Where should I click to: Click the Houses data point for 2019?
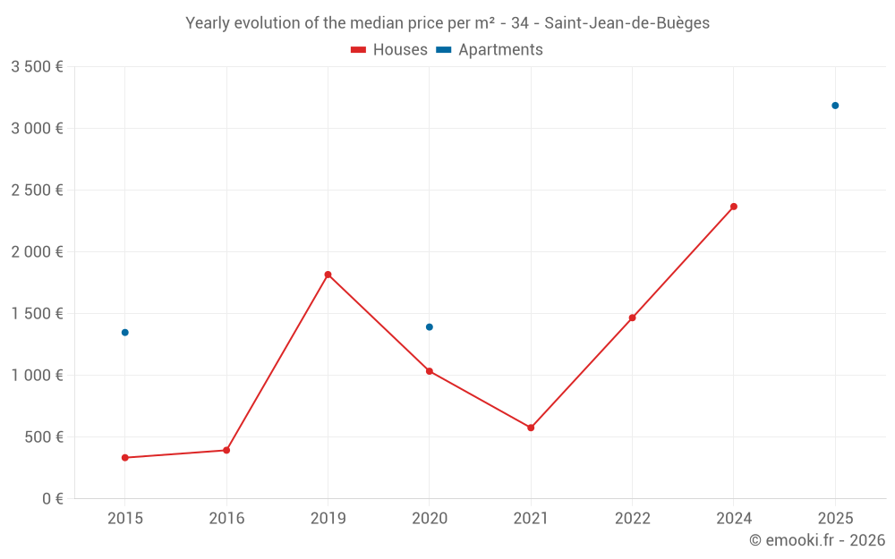pyautogui.click(x=328, y=275)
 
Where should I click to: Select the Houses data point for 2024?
pyautogui.click(x=734, y=207)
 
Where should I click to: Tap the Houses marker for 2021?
pyautogui.click(x=531, y=428)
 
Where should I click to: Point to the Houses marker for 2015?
pyautogui.click(x=125, y=458)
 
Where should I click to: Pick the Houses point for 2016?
pyautogui.click(x=226, y=450)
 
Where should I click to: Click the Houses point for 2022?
pyautogui.click(x=632, y=318)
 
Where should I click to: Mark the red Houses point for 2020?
pyautogui.click(x=430, y=371)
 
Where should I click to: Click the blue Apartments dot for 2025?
pyautogui.click(x=835, y=106)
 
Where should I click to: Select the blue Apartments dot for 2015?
pyautogui.click(x=125, y=333)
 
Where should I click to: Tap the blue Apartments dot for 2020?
pyautogui.click(x=430, y=327)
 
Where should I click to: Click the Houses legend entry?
pyautogui.click(x=389, y=50)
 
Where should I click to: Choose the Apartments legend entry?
pyautogui.click(x=490, y=50)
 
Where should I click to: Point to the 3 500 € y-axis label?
pyautogui.click(x=37, y=67)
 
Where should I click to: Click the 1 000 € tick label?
pyautogui.click(x=37, y=376)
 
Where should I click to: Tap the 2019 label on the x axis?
pyautogui.click(x=328, y=518)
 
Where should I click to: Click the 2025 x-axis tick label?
pyautogui.click(x=835, y=518)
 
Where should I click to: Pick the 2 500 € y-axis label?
pyautogui.click(x=37, y=191)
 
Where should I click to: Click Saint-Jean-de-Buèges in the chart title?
pyautogui.click(x=626, y=23)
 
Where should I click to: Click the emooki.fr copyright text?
pyautogui.click(x=817, y=540)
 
